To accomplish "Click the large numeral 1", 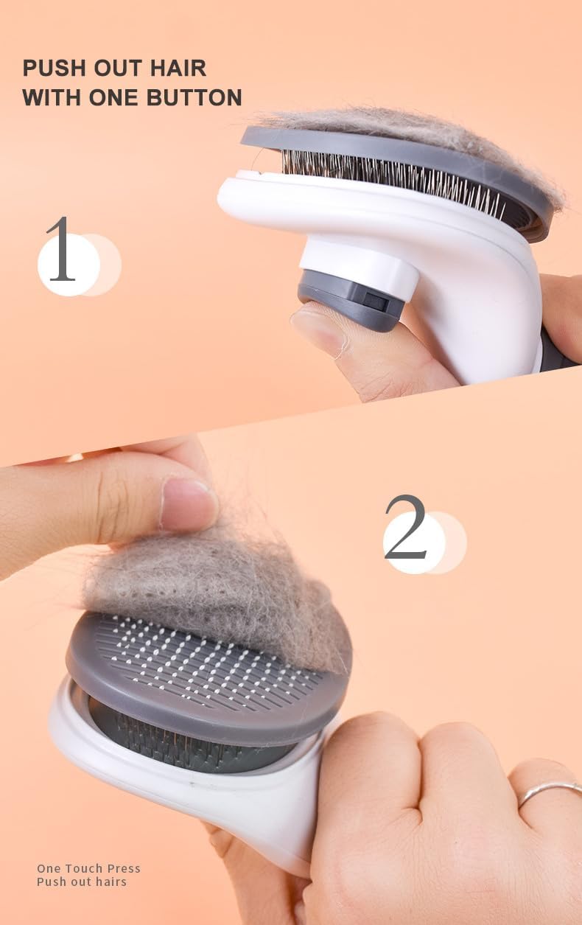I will point(61,251).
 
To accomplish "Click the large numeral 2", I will point(406,528).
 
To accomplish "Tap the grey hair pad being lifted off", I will point(214,582).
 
